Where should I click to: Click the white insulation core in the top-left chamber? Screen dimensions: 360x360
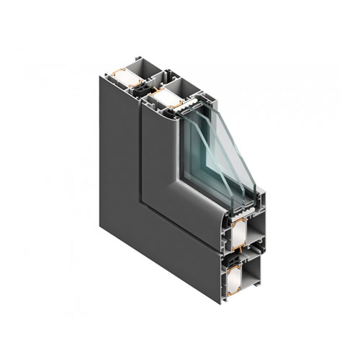click(128, 78)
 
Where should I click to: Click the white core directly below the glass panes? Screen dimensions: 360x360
click(239, 233)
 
